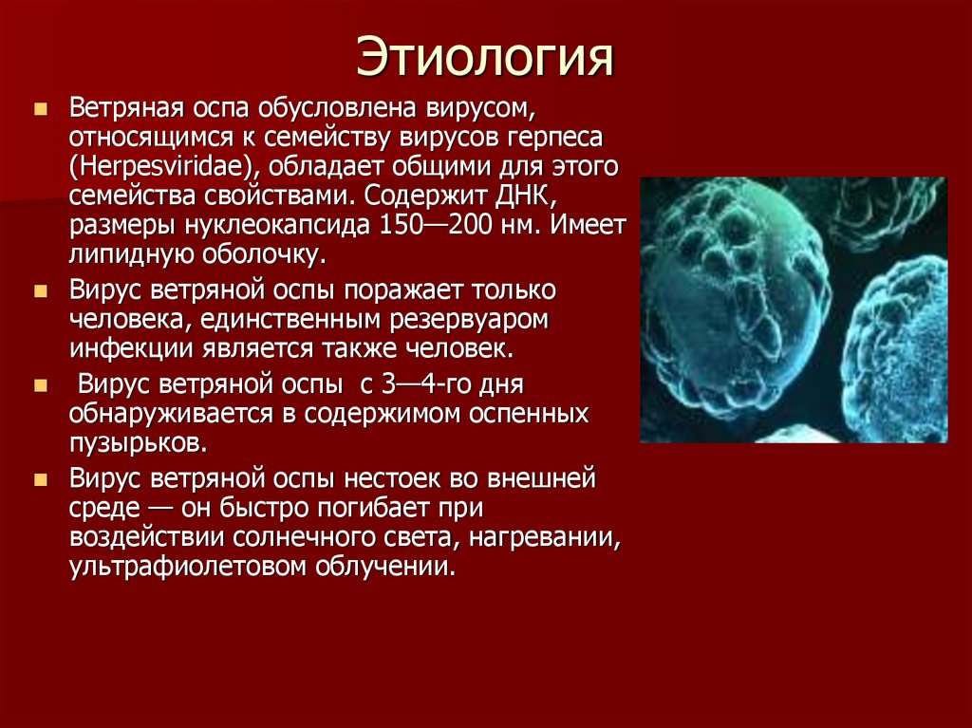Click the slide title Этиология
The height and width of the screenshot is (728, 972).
(x=484, y=58)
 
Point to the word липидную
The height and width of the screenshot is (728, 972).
(x=129, y=256)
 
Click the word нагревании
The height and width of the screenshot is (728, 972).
(x=543, y=537)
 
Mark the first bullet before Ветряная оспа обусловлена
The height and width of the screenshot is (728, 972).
(x=39, y=110)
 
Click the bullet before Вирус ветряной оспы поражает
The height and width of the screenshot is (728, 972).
(x=39, y=290)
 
